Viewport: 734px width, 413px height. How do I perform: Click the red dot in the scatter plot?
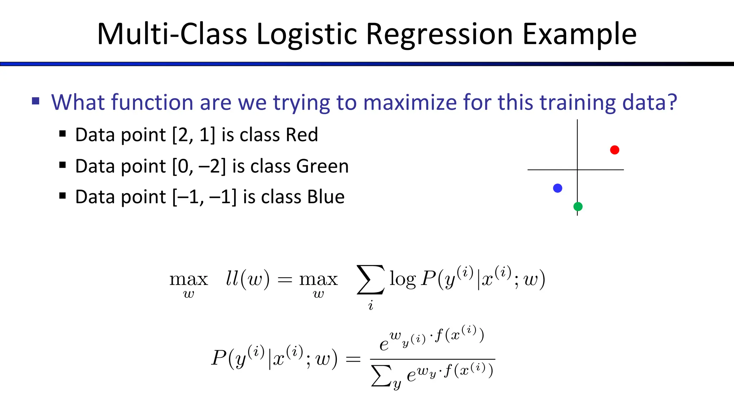point(615,150)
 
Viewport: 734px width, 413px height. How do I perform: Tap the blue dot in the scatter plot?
point(558,188)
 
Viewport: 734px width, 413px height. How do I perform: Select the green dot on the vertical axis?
point(578,206)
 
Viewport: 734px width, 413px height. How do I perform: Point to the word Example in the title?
point(579,35)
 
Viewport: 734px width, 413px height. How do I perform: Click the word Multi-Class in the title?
point(172,35)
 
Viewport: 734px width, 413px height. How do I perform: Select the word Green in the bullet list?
point(322,166)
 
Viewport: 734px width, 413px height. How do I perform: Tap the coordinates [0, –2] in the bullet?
point(199,166)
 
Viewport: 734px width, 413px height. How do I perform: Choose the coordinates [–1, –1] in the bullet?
point(204,197)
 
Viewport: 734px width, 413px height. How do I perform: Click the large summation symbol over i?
point(371,280)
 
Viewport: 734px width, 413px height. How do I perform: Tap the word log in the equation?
point(402,279)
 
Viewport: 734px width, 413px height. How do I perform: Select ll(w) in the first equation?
point(247,279)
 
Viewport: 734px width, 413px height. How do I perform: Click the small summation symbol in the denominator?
point(381,376)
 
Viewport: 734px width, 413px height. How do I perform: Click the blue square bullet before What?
point(35,101)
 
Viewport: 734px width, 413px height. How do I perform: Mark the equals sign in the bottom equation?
point(353,359)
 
